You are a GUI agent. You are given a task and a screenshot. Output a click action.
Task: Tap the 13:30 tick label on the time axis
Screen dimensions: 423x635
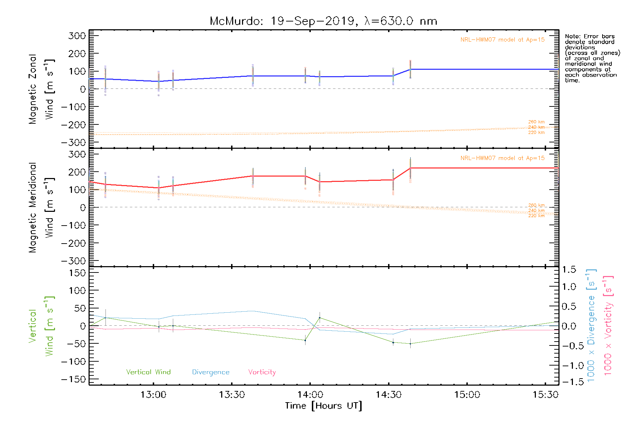coord(232,394)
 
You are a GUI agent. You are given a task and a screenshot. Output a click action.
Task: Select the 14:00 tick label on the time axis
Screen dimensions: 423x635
coord(310,394)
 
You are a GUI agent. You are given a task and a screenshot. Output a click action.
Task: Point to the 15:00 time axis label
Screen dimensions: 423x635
coord(467,394)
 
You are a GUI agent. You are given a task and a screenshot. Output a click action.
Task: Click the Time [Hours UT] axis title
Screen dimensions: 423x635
coord(323,406)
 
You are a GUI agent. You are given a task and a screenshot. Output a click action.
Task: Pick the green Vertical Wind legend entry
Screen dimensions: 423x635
coord(148,372)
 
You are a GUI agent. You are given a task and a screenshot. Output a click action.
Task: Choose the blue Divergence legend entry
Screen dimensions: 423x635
coord(211,372)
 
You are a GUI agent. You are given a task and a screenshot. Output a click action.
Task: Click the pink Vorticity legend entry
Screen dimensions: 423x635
coord(262,372)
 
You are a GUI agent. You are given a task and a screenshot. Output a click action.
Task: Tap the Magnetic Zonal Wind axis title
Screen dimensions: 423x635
coord(41,89)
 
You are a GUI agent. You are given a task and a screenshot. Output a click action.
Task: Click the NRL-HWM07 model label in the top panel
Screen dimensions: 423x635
coord(502,40)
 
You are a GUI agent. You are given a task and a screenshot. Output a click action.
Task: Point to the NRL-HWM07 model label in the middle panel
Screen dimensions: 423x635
coord(502,158)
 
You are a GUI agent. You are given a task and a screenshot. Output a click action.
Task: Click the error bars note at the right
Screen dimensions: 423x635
coord(592,58)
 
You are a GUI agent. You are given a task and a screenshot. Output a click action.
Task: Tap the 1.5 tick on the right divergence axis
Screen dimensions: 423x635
coord(569,270)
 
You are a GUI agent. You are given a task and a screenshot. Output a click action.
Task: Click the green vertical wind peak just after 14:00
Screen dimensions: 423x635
coord(320,318)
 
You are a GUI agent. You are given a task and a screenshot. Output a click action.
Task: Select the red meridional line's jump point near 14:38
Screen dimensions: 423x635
coord(410,168)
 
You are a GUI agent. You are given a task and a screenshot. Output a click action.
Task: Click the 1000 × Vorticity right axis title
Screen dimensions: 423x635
coord(608,325)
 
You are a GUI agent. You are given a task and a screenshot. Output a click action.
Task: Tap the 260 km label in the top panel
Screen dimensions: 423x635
coord(536,122)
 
